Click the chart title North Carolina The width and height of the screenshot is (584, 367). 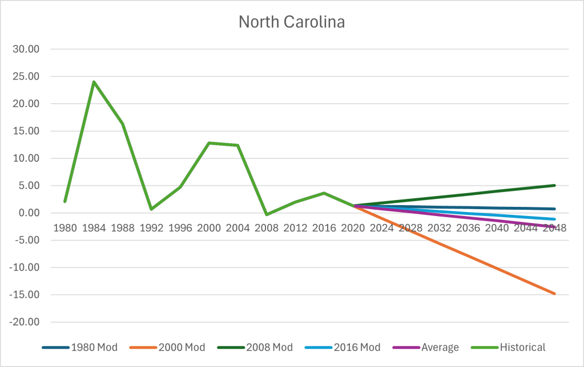coord(292,22)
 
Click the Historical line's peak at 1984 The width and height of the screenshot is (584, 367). coord(94,81)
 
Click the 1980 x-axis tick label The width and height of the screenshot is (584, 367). coord(65,228)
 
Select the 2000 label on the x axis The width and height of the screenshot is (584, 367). coord(209,228)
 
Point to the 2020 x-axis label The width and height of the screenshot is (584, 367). coord(353,228)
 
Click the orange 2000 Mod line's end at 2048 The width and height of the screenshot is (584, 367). coord(554,293)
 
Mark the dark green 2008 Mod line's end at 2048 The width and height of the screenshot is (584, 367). coord(554,185)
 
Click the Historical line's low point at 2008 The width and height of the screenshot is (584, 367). coord(267,214)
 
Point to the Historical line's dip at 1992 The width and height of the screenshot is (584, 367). coord(151,209)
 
